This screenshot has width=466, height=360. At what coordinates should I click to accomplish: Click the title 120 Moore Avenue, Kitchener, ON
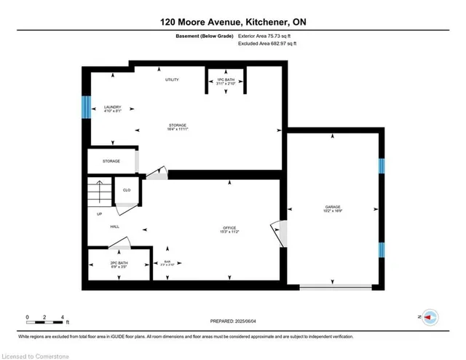tap(233, 23)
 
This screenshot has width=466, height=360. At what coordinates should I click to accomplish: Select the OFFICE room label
tap(230, 230)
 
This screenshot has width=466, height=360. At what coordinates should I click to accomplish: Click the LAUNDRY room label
tap(112, 108)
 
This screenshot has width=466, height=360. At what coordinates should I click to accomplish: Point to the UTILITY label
tap(171, 79)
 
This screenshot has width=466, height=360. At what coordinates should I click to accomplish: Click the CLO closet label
tap(126, 189)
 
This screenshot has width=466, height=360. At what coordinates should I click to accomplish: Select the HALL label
tap(114, 227)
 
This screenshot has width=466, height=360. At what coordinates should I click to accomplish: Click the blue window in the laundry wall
tap(85, 108)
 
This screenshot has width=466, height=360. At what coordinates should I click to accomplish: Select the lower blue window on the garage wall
tap(380, 251)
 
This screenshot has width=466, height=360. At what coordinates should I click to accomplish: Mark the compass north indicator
tap(430, 317)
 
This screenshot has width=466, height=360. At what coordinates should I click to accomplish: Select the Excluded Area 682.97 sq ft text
tap(267, 44)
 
